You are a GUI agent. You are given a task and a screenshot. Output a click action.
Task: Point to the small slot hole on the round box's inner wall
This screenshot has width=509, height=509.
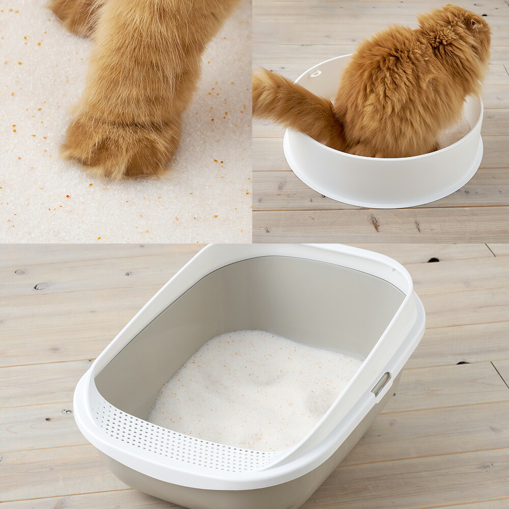[316, 74]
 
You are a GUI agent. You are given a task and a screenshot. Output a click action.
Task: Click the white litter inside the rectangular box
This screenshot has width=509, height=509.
[244, 387]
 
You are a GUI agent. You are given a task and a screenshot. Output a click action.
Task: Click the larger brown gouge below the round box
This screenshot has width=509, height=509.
[376, 222]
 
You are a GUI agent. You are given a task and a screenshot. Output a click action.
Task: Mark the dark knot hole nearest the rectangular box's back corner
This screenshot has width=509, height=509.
[433, 260]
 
